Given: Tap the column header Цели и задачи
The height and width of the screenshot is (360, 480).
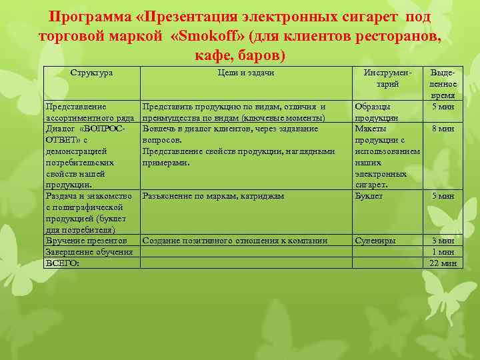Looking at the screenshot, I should [x=246, y=71].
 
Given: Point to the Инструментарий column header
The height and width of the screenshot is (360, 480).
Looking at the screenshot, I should [x=387, y=78].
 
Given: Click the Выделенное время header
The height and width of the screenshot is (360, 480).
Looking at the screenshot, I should [x=443, y=84].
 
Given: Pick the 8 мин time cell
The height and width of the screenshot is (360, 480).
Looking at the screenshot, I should [x=443, y=129].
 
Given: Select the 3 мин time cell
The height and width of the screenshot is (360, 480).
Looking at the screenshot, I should [x=443, y=241].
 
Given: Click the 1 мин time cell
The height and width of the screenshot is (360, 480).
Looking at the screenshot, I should [x=443, y=252].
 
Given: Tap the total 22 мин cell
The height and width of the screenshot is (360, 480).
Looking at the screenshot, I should [x=443, y=263].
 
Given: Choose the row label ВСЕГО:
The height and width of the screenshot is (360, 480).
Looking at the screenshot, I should [x=62, y=263].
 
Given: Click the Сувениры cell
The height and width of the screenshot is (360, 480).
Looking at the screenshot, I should [x=375, y=241].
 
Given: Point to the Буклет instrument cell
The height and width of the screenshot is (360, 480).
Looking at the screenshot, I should [x=369, y=196].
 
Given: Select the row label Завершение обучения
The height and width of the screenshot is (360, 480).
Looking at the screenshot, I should [x=89, y=252].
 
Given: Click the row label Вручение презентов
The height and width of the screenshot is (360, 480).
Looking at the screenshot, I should [x=86, y=241].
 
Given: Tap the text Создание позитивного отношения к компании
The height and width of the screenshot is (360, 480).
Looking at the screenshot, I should [x=235, y=241].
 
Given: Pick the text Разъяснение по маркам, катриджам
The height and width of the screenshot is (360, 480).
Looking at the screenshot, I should [x=213, y=196].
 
